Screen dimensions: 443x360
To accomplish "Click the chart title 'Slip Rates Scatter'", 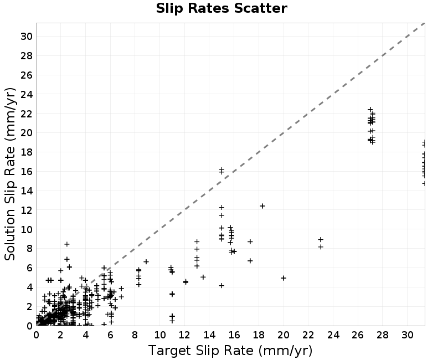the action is tap(221, 8).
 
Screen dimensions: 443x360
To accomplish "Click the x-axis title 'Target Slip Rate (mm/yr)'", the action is tap(230, 351).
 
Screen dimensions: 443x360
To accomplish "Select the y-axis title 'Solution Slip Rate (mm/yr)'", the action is tap(10, 174).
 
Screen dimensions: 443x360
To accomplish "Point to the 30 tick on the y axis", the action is tap(27, 36).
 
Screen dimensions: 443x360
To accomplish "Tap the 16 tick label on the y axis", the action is tap(27, 172).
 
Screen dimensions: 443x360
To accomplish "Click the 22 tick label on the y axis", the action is tap(27, 114).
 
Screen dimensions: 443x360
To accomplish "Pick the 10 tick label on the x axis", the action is tap(160, 335).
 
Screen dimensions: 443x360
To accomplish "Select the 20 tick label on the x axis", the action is tap(284, 335).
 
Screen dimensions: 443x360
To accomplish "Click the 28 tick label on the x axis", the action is tap(383, 335).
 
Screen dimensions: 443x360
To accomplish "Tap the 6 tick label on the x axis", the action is tap(110, 335).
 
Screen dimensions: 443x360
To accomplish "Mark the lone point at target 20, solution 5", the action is tap(284, 278).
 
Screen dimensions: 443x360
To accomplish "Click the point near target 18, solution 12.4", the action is tap(262, 206).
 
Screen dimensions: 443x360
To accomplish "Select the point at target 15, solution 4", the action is tap(222, 286).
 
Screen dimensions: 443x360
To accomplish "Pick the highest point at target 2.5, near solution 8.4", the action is tap(67, 244).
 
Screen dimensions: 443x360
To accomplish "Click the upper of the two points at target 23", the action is tap(321, 240).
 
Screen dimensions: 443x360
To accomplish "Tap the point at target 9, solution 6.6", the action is tap(146, 262).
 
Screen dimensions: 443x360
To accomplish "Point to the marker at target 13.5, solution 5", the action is tap(203, 277).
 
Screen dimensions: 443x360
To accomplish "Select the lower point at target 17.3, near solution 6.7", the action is tap(250, 261).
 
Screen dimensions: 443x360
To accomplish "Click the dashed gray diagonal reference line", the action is tap(230, 174).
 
